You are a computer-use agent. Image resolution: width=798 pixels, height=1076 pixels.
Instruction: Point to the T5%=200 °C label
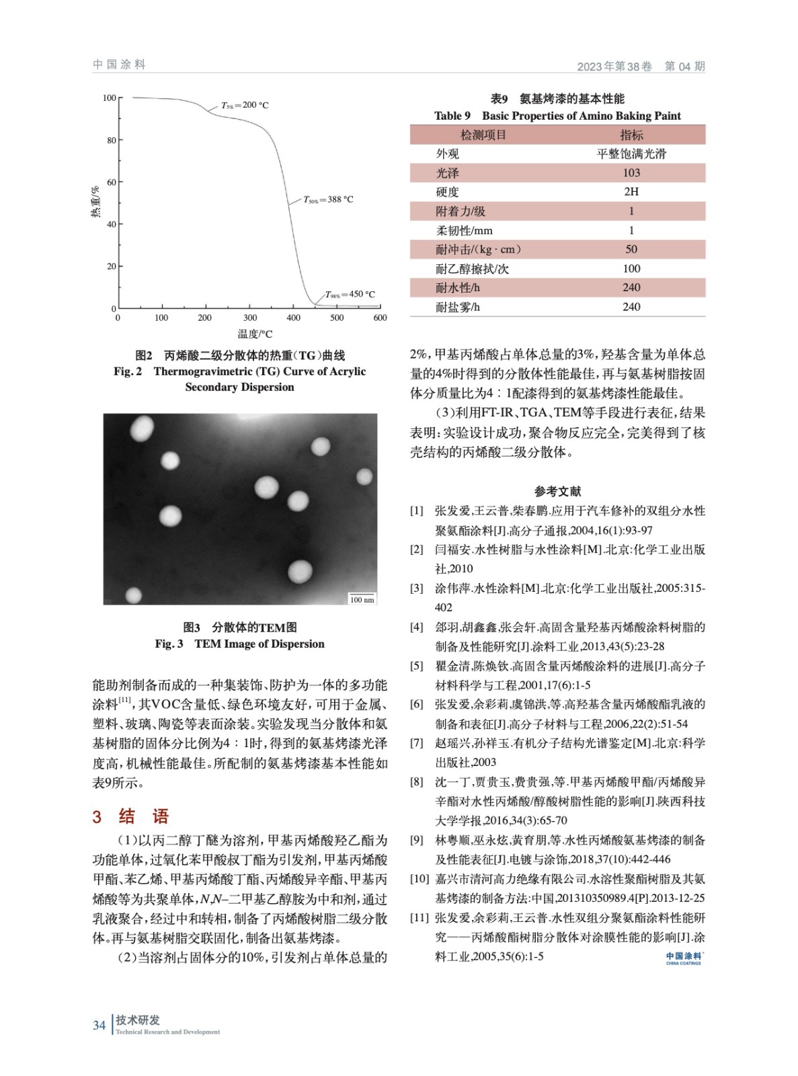click(x=245, y=105)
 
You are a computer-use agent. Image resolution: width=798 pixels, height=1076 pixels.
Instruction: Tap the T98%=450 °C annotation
click(x=350, y=295)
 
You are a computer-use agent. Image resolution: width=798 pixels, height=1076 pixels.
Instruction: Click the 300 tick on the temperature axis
click(x=249, y=318)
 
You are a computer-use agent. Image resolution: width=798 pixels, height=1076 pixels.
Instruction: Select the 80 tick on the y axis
click(x=111, y=141)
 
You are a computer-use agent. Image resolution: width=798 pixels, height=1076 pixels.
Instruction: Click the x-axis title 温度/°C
click(x=255, y=334)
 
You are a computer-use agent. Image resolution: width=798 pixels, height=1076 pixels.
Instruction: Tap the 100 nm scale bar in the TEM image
click(x=362, y=599)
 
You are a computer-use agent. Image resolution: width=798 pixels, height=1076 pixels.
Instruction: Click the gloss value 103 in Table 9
click(x=631, y=173)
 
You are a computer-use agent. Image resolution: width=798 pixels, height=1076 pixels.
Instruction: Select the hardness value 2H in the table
click(x=631, y=192)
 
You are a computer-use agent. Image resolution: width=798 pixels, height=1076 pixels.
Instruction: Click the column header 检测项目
click(x=483, y=135)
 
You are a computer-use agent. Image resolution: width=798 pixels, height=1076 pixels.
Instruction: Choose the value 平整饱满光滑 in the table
click(x=631, y=154)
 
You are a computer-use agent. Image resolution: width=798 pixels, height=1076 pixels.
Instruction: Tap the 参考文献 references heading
click(x=557, y=492)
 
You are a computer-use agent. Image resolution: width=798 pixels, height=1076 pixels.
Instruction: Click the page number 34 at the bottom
click(x=99, y=1025)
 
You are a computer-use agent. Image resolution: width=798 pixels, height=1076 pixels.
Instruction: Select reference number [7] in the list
click(x=417, y=743)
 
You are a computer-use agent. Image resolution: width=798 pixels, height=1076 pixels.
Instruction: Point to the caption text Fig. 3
click(x=169, y=644)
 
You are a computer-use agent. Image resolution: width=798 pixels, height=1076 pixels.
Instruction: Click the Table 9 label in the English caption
click(x=452, y=116)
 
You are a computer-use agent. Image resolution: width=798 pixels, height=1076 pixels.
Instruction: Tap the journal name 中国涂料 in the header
click(x=119, y=65)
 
